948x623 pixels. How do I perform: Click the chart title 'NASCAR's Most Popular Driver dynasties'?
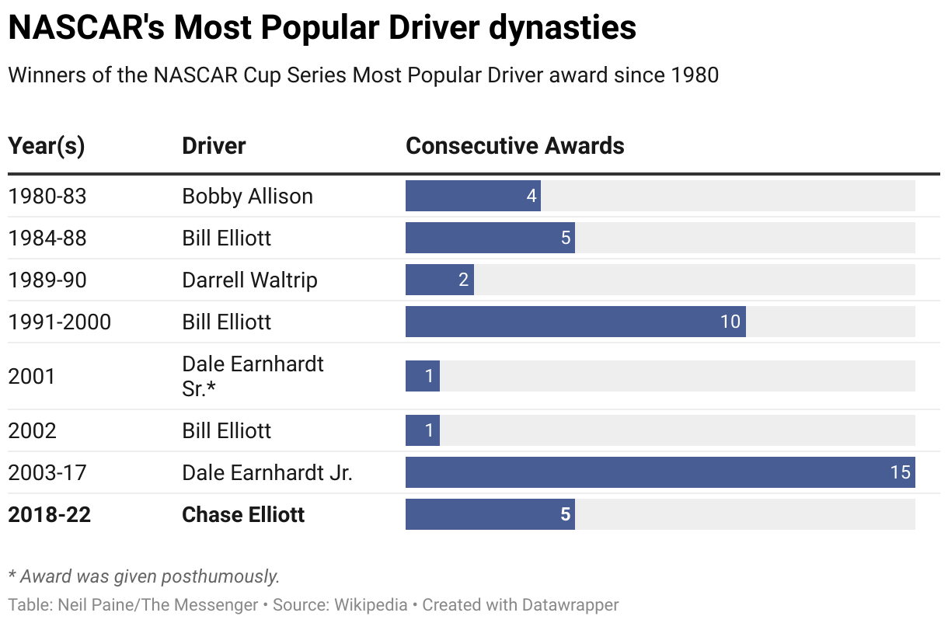[322, 29]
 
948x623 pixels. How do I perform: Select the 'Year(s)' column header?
[47, 146]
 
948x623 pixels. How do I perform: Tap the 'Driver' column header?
[214, 146]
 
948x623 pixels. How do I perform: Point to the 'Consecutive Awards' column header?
[514, 146]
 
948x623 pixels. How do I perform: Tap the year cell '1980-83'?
[47, 196]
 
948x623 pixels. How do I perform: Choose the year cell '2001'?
[32, 377]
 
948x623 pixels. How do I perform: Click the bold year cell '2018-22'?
[49, 514]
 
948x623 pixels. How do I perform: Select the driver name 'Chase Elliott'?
[243, 514]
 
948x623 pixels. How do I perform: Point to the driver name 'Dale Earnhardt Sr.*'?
[253, 376]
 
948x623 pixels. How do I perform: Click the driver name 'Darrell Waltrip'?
[249, 280]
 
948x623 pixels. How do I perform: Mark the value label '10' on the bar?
[730, 322]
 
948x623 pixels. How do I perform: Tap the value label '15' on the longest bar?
[900, 472]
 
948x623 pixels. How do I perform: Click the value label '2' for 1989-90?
[463, 280]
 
